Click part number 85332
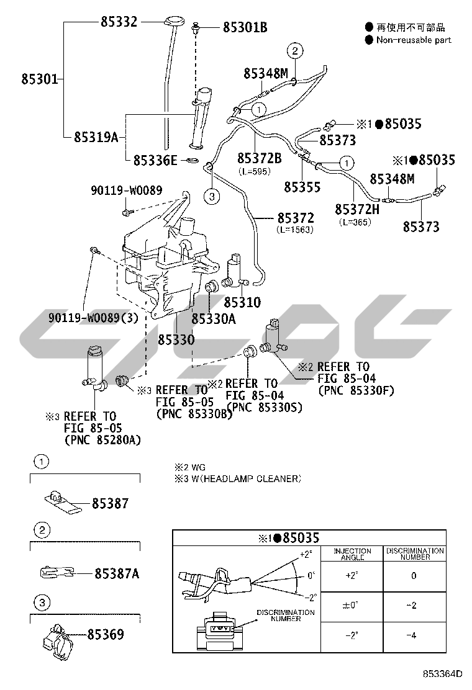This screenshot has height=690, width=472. click(119, 21)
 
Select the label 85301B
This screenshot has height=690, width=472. click(245, 27)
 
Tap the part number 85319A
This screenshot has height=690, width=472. click(96, 137)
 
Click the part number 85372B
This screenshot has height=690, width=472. click(260, 158)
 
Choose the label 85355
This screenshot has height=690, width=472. click(302, 186)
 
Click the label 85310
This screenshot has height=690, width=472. click(242, 303)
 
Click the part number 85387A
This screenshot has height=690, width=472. click(117, 574)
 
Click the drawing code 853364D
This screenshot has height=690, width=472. click(443, 674)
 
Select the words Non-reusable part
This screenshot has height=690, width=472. click(414, 40)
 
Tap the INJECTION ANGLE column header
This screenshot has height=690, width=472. click(352, 553)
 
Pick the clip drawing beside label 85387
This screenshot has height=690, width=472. click(62, 500)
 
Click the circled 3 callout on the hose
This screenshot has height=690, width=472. click(212, 197)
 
